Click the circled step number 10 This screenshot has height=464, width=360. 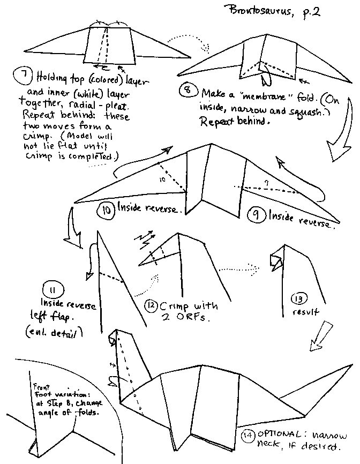click(105, 209)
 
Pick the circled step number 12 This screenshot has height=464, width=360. click(152, 306)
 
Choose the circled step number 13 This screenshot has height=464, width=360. click(298, 298)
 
